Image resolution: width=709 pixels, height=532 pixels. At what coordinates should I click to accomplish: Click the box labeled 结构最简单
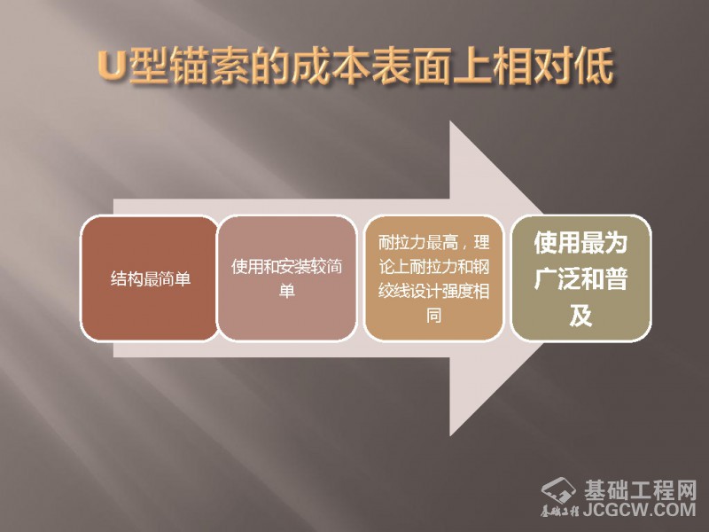149,278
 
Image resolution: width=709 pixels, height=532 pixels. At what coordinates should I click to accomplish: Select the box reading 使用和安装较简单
286,278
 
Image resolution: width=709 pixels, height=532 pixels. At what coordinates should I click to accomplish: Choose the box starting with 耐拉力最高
433,278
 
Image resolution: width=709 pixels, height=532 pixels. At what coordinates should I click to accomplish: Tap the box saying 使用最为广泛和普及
580,278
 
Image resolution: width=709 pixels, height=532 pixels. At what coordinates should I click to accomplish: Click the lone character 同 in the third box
433,315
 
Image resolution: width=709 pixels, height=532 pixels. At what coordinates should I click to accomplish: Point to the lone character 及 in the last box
580,316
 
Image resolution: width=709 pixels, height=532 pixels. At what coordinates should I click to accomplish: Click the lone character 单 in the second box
286,291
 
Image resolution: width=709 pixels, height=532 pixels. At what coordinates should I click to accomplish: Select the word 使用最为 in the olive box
580,242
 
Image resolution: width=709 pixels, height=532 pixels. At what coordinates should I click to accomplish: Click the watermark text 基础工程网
640,490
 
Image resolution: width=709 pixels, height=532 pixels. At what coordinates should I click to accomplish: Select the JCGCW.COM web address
639,510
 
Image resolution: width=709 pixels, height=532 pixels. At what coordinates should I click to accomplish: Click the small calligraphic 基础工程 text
560,512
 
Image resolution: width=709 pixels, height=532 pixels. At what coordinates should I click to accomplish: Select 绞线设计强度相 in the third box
433,291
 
